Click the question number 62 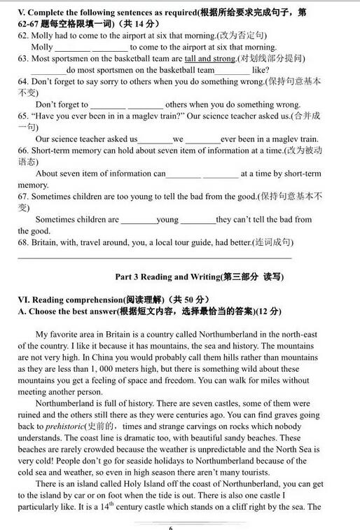pyautogui.click(x=24, y=36)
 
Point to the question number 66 pyautogui.click(x=24, y=151)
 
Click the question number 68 pyautogui.click(x=24, y=243)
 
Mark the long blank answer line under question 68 pyautogui.click(x=154, y=258)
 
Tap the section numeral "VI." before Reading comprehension pyautogui.click(x=24, y=300)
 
